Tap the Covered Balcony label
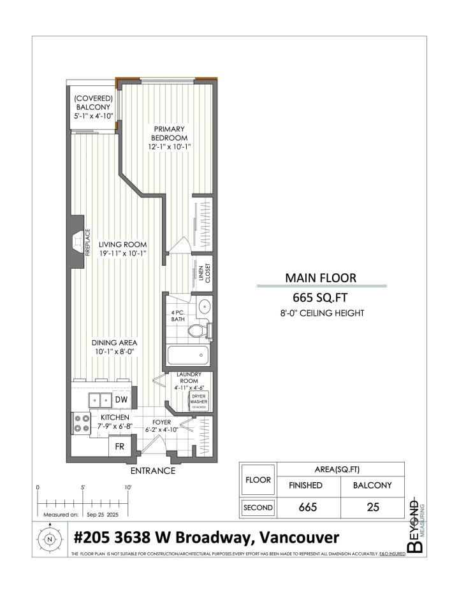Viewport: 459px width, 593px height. (x=93, y=107)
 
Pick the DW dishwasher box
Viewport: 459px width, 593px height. (x=121, y=399)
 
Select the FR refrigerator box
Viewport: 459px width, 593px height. (x=120, y=447)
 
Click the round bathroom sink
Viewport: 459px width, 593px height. (x=205, y=306)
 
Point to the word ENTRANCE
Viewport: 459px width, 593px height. (x=152, y=471)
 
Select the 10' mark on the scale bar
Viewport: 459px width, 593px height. (x=128, y=487)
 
